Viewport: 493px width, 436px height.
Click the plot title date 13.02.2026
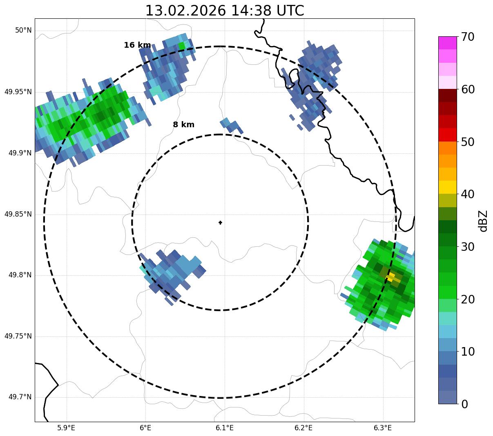click(185, 11)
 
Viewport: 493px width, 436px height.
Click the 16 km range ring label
click(137, 45)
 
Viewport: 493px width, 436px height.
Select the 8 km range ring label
click(183, 125)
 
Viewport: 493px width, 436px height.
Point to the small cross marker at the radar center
click(221, 222)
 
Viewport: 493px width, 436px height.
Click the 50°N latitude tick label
click(23, 31)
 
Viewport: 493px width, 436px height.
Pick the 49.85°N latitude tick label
click(18, 214)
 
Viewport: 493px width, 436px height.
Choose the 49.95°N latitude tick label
click(18, 92)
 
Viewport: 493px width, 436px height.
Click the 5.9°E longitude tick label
click(66, 428)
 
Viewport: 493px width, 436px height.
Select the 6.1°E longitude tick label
click(225, 428)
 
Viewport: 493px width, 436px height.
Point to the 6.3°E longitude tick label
click(383, 428)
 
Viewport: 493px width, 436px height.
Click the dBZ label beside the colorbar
click(483, 221)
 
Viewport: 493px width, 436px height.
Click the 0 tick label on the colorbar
click(464, 404)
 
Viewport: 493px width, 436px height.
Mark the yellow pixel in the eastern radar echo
click(390, 277)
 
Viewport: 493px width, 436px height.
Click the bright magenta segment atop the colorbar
click(447, 43)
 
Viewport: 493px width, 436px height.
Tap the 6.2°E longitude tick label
click(303, 428)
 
